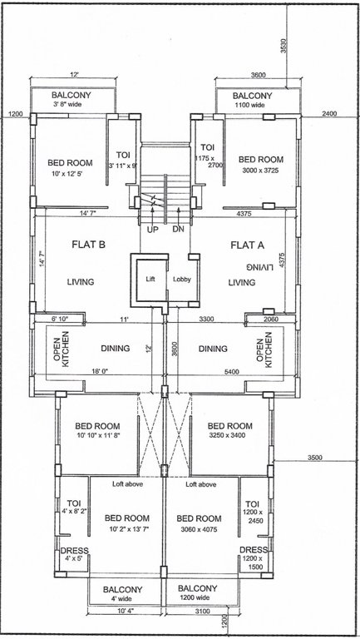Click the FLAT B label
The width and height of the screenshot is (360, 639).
click(x=86, y=245)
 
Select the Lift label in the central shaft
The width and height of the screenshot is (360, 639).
click(x=150, y=280)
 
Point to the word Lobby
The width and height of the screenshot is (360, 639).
click(x=182, y=280)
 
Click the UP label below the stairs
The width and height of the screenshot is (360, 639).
click(x=153, y=229)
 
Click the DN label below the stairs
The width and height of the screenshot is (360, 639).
click(x=178, y=229)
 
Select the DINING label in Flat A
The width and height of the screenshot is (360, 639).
click(x=214, y=349)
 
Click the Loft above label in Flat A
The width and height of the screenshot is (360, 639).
click(x=200, y=483)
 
